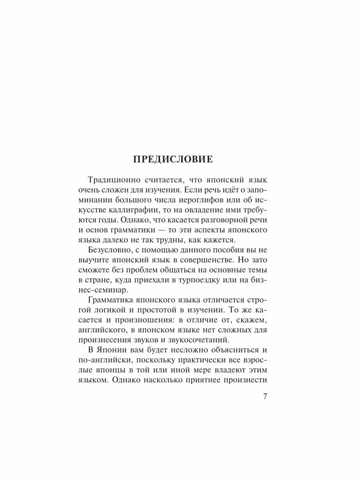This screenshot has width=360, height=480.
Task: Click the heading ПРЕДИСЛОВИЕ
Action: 173,159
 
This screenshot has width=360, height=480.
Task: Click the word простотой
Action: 167,312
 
